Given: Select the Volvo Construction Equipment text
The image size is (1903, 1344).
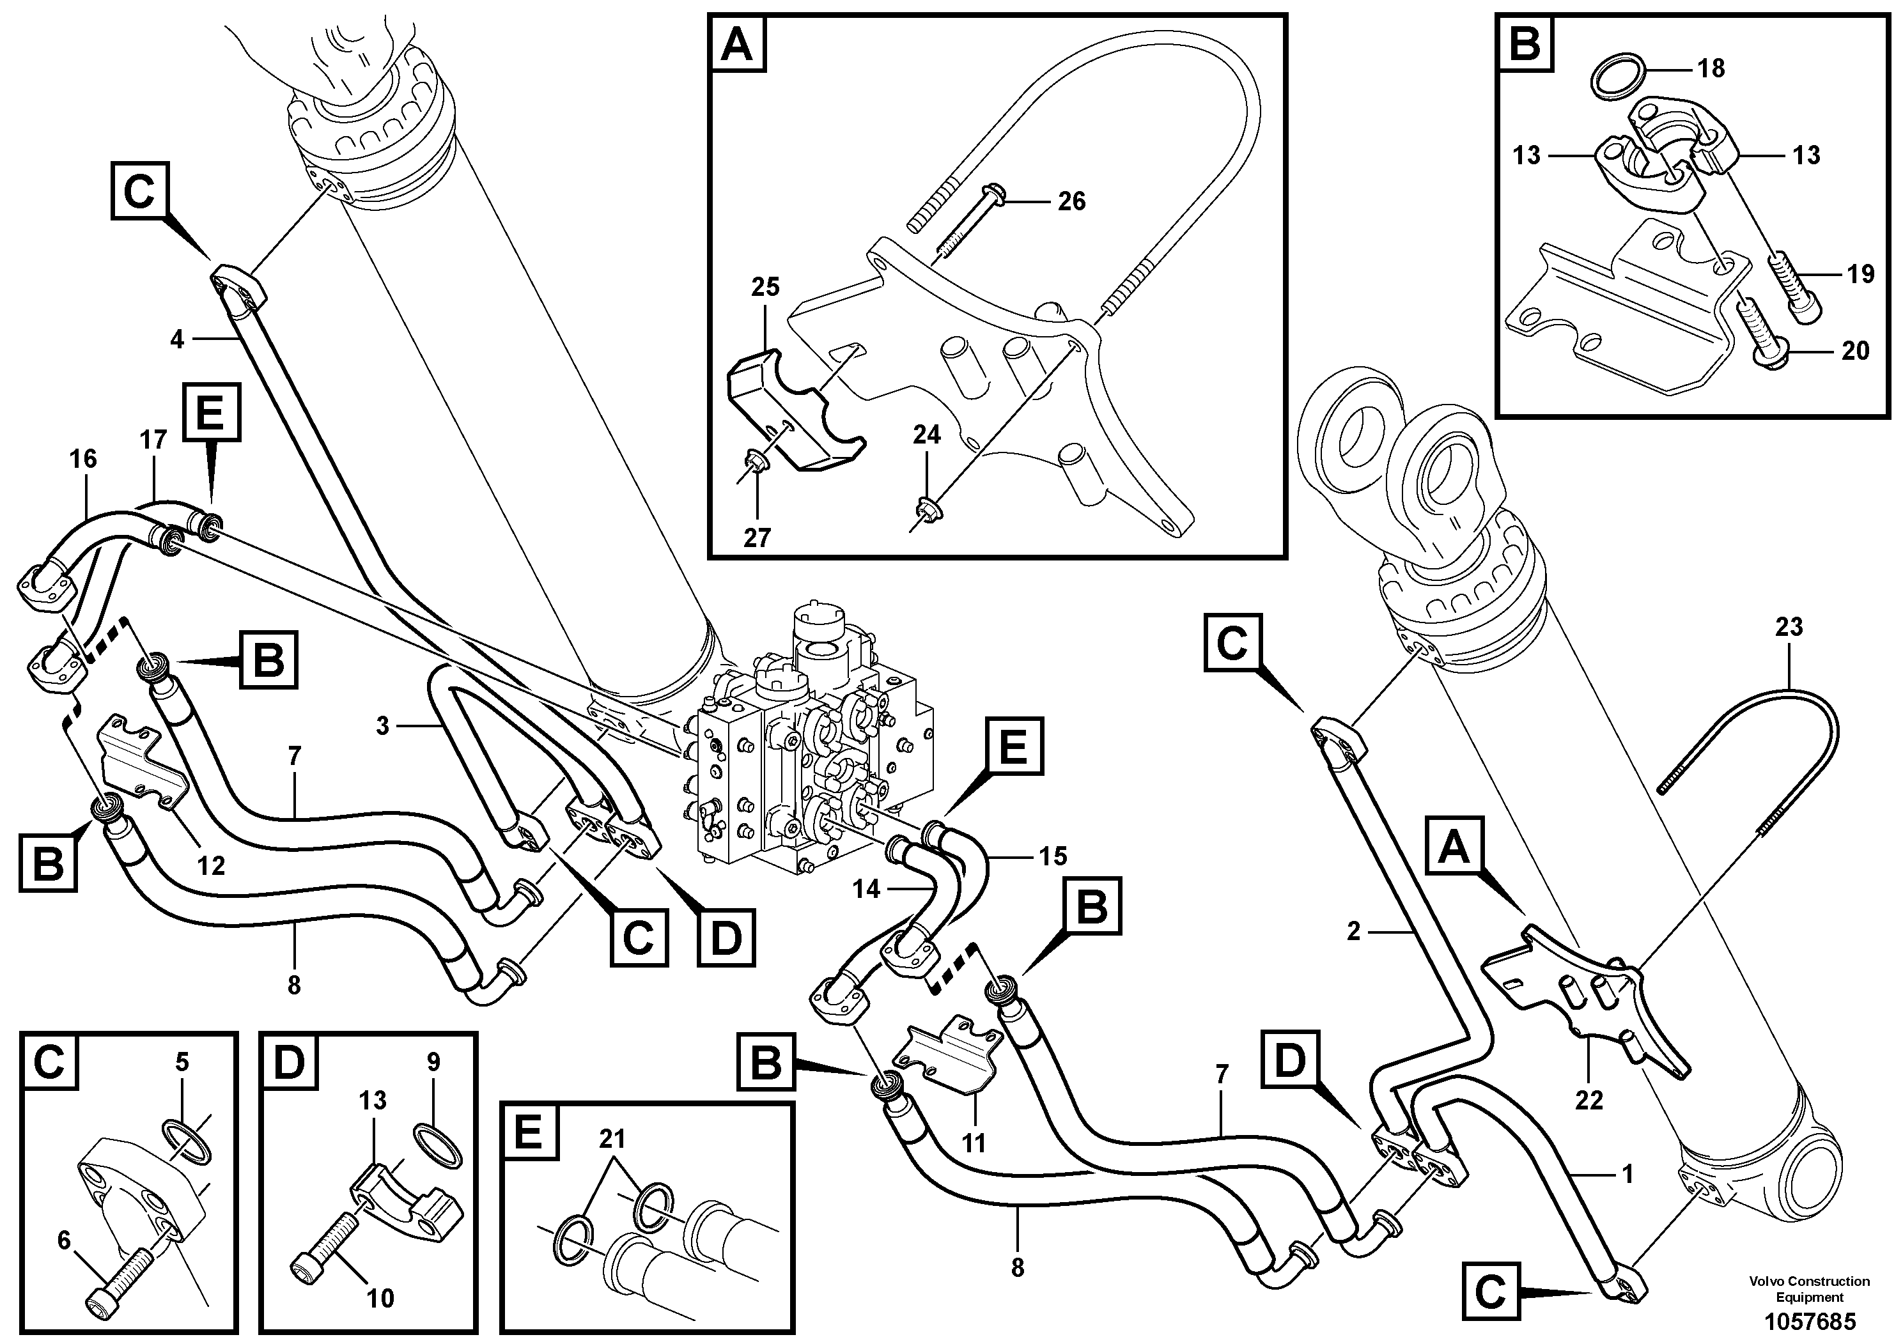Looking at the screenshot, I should coord(1809,1289).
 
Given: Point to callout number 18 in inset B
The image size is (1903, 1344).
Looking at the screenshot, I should coord(1711,68).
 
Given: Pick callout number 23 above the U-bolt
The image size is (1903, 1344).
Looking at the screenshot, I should coord(1789,627).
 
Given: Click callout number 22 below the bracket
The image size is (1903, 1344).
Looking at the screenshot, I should coord(1589,1101).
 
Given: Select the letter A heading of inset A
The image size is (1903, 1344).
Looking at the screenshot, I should coord(737,45).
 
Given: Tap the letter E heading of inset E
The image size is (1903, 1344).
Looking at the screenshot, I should coord(528,1131).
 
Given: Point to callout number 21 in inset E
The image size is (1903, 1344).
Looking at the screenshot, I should coord(612,1140).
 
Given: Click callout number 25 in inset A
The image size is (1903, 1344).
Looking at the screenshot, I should coord(765,288).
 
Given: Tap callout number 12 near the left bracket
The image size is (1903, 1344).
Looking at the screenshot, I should coord(210,866).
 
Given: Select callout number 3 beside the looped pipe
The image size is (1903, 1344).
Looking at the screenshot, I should coord(382,727).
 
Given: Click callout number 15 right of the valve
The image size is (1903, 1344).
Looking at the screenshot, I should coord(1053,856).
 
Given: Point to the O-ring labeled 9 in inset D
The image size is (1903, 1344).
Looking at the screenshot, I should coord(437,1145).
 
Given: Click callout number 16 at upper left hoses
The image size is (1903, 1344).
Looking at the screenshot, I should coord(83,459).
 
